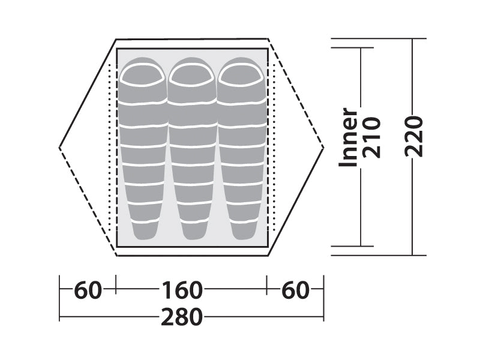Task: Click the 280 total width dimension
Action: (182, 317)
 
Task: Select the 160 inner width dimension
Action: (182, 290)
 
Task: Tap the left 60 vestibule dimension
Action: (88, 290)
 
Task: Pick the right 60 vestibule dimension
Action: (295, 290)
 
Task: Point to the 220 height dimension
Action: (414, 136)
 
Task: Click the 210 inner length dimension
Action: (371, 137)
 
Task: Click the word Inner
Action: (348, 137)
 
